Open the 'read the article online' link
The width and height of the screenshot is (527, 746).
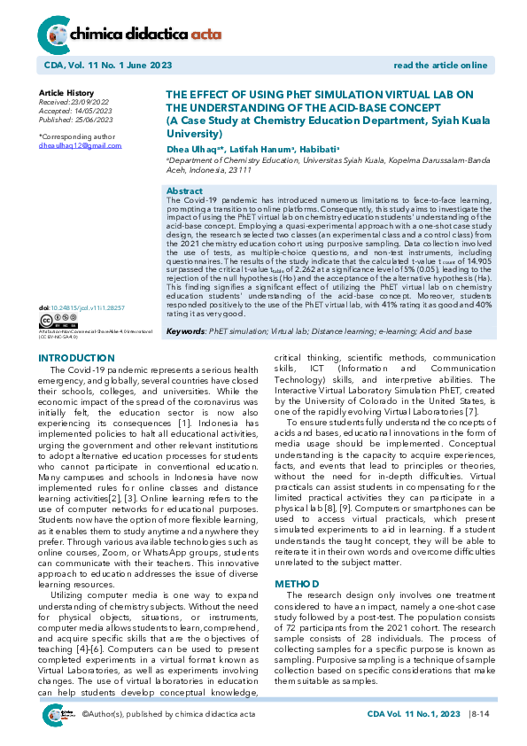(440, 66)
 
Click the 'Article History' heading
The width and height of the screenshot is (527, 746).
(66, 93)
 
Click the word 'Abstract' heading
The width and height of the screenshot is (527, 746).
(184, 191)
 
